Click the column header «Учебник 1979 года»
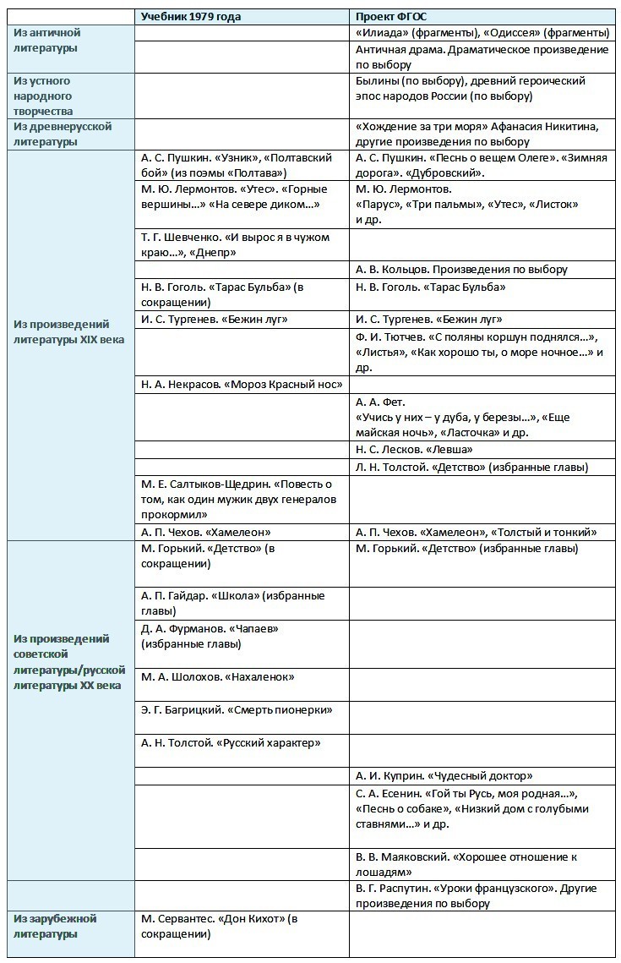191,17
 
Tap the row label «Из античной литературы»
47,41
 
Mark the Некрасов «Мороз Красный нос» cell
242,384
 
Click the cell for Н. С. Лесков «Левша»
414,449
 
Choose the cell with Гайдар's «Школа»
232,603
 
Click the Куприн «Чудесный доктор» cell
444,775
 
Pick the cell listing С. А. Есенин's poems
470,808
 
